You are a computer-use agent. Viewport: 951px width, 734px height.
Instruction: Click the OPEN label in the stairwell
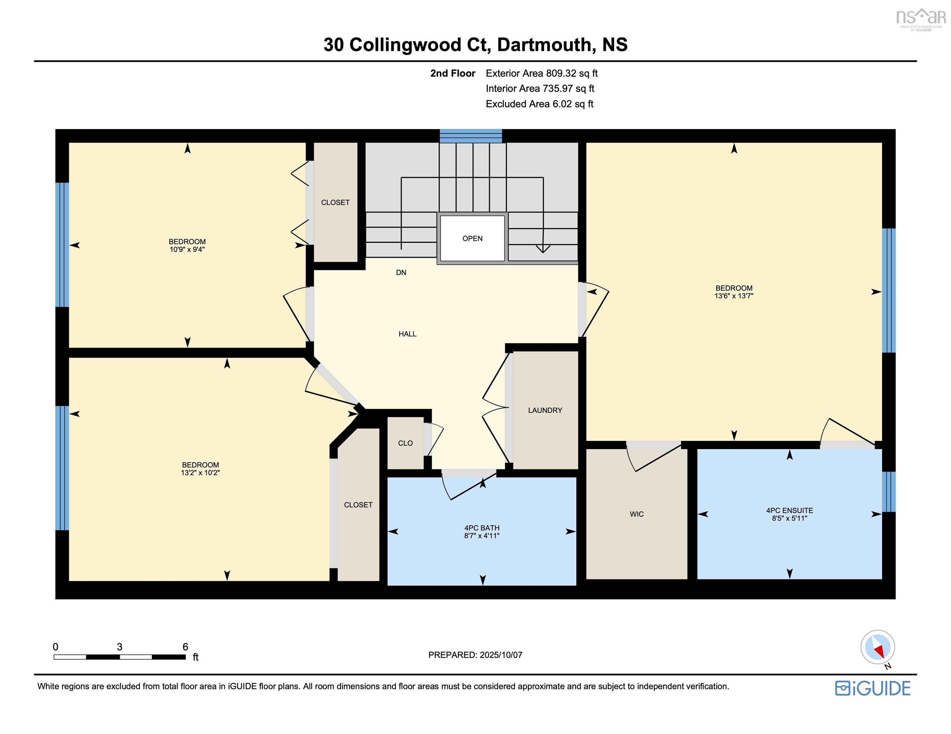[472, 238]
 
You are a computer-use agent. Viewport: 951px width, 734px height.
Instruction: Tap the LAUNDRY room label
[545, 410]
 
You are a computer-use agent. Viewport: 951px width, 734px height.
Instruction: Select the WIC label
[637, 514]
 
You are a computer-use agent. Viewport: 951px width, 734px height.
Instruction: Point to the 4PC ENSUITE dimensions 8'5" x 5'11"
[789, 518]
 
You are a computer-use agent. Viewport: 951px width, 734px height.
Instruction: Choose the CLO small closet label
[405, 443]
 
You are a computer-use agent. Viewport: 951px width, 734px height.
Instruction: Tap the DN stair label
[401, 273]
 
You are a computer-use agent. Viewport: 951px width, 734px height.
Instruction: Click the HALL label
[408, 334]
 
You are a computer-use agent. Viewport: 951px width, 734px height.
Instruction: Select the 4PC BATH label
[482, 528]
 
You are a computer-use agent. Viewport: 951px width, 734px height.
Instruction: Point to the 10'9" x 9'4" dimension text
[187, 249]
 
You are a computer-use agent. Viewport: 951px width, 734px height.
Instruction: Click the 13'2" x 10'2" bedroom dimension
[200, 472]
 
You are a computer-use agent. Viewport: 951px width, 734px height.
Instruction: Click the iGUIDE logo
[873, 688]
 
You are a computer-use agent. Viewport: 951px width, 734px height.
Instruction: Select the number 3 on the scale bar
[120, 647]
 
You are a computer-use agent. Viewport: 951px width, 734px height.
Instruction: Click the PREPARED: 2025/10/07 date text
[475, 655]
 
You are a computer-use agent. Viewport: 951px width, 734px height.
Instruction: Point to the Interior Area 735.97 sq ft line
[540, 89]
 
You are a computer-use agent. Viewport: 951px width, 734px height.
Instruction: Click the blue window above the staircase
[471, 136]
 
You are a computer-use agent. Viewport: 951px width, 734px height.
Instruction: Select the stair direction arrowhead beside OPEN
[543, 249]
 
